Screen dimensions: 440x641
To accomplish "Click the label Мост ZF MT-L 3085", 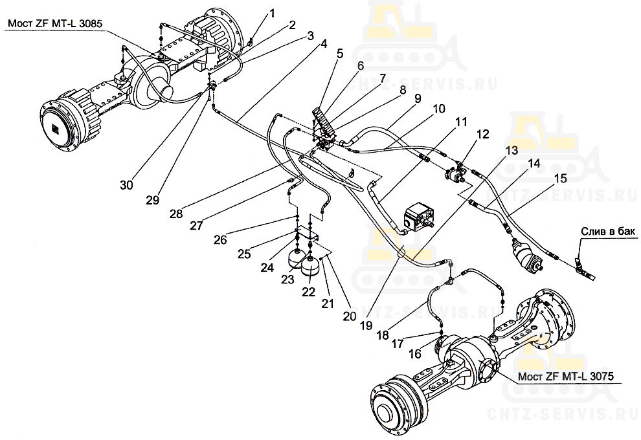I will (x=55, y=23).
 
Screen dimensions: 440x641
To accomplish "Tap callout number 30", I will (x=126, y=185).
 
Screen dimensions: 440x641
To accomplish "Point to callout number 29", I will (x=152, y=200).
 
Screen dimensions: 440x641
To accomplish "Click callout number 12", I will (x=483, y=135).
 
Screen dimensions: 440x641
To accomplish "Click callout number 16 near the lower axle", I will (x=414, y=354).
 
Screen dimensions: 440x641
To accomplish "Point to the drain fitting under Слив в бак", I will (x=579, y=264).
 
